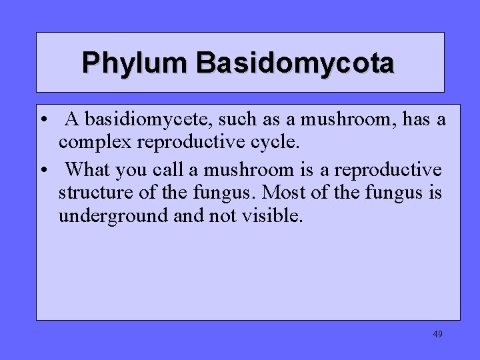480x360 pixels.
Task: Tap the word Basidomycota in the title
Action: point(295,63)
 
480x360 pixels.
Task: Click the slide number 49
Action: point(437,334)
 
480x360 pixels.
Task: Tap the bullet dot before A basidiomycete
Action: point(43,121)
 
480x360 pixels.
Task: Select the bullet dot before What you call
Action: point(43,171)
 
